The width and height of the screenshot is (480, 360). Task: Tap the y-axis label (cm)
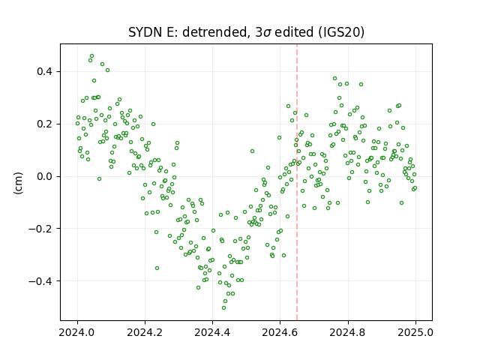[x=18, y=183]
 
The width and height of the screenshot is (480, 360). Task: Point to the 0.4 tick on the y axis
[x=45, y=72]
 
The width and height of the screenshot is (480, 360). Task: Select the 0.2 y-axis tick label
[x=45, y=124]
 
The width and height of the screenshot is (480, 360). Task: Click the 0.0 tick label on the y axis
[x=45, y=177]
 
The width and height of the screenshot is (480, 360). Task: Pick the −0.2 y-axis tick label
[x=40, y=229]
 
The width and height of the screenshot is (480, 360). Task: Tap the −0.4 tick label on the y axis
[x=40, y=281]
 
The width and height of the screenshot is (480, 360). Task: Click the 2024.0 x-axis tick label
[x=77, y=332]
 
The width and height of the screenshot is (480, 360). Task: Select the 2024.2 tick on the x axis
[x=145, y=332]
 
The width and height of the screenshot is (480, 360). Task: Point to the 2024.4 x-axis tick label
[x=212, y=332]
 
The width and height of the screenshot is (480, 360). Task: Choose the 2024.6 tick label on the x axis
[x=280, y=332]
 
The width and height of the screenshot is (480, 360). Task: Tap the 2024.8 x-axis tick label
[x=348, y=332]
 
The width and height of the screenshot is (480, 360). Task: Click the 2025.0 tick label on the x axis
[x=415, y=332]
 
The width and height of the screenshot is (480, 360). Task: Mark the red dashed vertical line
[x=297, y=182]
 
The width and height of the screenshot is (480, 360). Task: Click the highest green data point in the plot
[x=91, y=56]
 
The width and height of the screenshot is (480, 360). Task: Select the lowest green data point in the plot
[x=223, y=308]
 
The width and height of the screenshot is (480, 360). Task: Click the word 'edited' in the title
[x=294, y=32]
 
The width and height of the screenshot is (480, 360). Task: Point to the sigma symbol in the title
[x=267, y=33]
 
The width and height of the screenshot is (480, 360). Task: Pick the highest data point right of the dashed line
[x=335, y=79]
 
